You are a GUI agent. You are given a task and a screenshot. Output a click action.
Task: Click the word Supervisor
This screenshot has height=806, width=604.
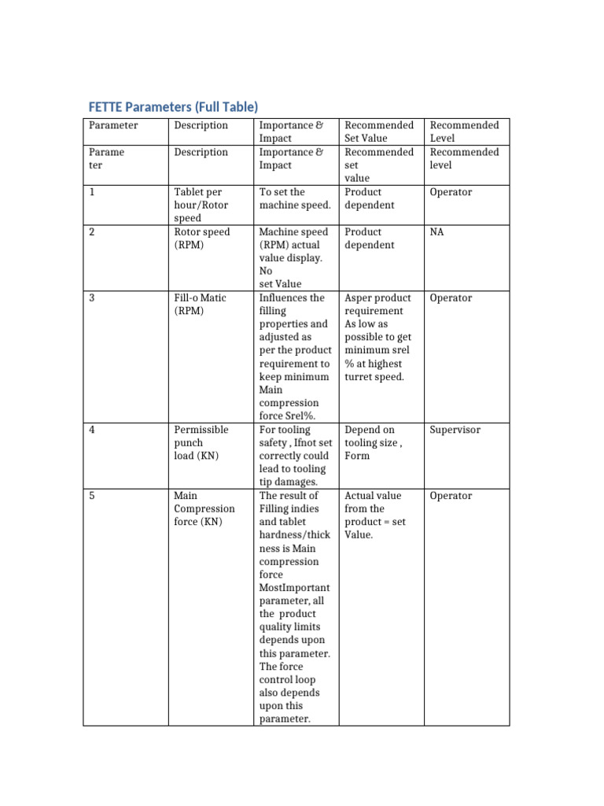coord(455,430)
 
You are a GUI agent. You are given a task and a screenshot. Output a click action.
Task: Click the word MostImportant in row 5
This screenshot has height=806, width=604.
coord(294,588)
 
